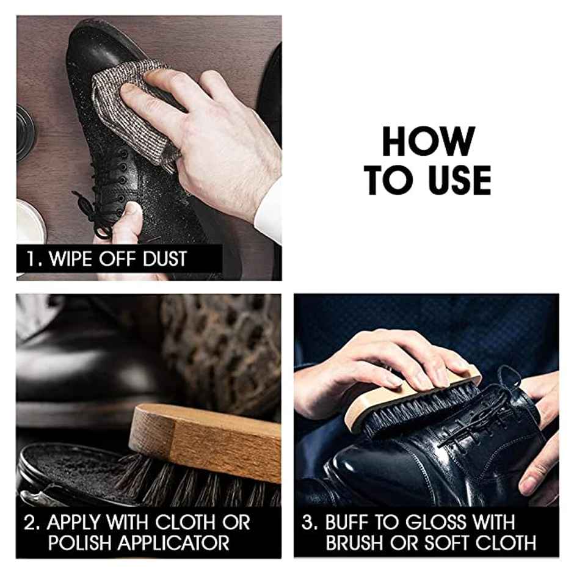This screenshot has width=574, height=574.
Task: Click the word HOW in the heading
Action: [427, 142]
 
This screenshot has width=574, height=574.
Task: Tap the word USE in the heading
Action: [454, 180]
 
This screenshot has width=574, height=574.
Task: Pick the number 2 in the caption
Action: [30, 523]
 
